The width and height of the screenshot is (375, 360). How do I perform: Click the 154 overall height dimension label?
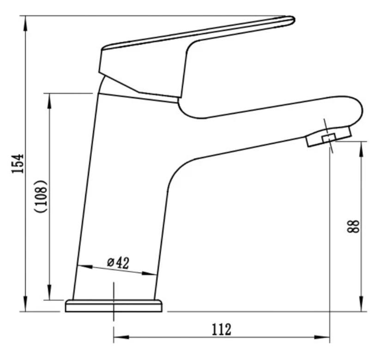pyautogui.click(x=18, y=163)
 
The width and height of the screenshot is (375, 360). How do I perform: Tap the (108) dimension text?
pyautogui.click(x=41, y=196)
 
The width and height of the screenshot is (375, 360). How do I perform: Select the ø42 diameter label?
pyautogui.click(x=118, y=263)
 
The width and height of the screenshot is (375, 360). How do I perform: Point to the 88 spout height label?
pyautogui.click(x=353, y=226)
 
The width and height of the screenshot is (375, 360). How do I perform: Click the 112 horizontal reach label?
pyautogui.click(x=222, y=330)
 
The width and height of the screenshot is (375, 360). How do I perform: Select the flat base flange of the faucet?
pyautogui.click(x=114, y=306)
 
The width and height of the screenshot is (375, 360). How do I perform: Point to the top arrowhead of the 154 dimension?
pyautogui.click(x=25, y=24)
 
